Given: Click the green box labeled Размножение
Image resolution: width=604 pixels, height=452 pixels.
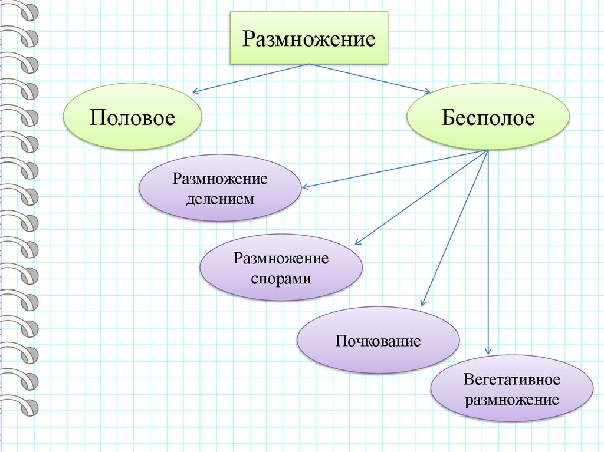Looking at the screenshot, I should [309, 38].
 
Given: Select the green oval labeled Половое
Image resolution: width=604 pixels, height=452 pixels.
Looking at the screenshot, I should [133, 117].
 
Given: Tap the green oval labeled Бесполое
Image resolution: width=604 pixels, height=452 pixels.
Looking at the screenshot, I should [488, 117].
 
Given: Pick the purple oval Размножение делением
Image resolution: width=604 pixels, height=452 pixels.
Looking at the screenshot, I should [220, 188].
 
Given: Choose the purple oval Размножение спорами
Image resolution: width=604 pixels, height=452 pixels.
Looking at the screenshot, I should [281, 268].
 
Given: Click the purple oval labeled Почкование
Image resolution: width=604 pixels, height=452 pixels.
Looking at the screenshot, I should [378, 340].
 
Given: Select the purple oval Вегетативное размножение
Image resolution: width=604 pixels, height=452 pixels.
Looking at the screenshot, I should [512, 388].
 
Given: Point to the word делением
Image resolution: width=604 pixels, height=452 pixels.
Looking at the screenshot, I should [220, 199].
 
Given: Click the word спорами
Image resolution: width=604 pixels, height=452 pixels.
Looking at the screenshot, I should [281, 278].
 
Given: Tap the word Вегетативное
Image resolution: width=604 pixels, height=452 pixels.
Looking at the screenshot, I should [512, 379].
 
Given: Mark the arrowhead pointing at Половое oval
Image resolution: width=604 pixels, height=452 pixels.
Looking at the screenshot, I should [196, 91].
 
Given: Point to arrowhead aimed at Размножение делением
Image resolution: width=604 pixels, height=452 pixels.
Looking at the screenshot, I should [305, 188].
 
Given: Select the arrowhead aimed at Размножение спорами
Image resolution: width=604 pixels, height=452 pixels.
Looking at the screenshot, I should [357, 242].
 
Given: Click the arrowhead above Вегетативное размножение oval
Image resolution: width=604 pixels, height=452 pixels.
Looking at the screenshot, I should [488, 351].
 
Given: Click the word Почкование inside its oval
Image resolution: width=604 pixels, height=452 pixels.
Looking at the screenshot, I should [378, 341].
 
